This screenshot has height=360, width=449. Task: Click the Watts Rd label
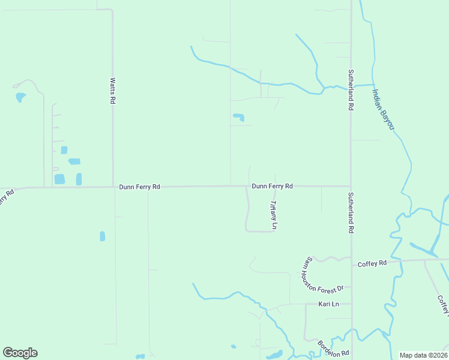pos(112,90)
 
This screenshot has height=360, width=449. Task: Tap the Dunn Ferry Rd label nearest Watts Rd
pos(139,187)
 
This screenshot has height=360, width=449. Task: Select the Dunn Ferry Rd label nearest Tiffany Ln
pos(272,186)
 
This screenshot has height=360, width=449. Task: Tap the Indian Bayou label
pos(382,109)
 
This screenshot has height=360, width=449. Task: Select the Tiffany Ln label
pos(273,215)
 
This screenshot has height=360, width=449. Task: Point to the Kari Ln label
pos(328,304)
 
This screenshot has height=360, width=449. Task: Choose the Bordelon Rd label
pos(333,349)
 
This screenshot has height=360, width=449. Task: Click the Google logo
pos(20,353)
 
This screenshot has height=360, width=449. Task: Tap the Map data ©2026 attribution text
pos(423,355)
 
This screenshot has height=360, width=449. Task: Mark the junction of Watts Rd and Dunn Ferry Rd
pos(113,187)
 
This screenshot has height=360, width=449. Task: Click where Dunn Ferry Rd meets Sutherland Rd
pos(351,186)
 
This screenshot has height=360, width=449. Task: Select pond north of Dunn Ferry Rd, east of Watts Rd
pos(239,117)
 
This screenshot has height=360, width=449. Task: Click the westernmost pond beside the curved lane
pos(20,97)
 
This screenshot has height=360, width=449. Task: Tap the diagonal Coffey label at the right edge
pos(443,305)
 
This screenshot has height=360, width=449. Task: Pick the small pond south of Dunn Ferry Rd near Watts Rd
pos(102,236)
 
